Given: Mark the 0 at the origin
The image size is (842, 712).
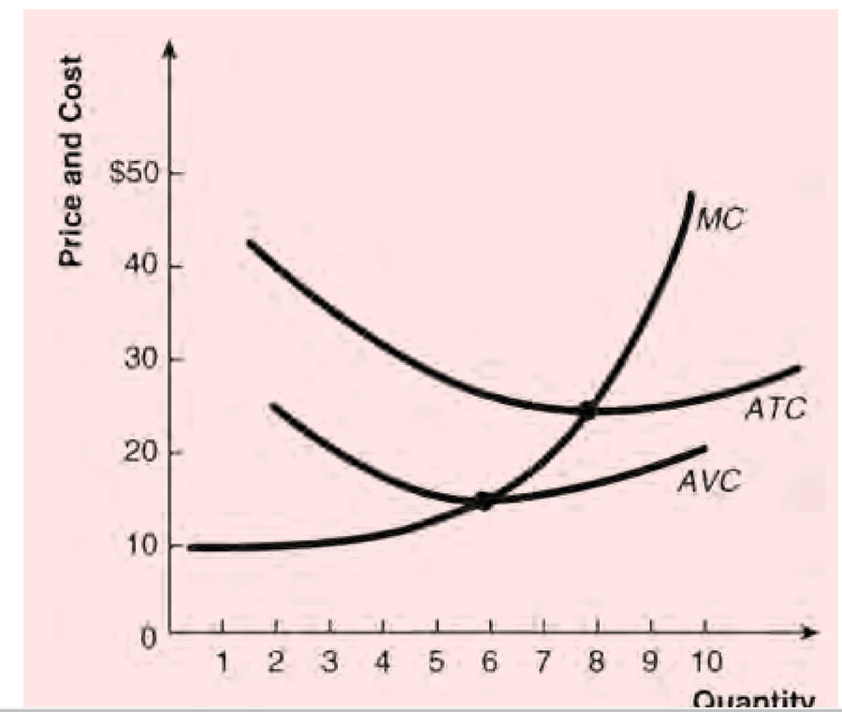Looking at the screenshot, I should coord(146,639).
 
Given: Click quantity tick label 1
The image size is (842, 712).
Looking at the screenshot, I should coord(222,663).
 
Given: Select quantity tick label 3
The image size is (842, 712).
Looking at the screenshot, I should coord(328,663).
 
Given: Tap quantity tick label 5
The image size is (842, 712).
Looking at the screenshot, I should coord(435,663).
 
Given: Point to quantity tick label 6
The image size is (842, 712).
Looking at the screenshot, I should coord(488,663).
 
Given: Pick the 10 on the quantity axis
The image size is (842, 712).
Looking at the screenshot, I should coord(706,663).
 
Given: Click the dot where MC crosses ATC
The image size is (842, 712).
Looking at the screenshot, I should coord(588,410).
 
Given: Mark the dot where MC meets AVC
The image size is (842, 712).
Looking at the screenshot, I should coord(483,501).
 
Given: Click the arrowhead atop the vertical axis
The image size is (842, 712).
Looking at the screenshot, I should coord(169,49).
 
